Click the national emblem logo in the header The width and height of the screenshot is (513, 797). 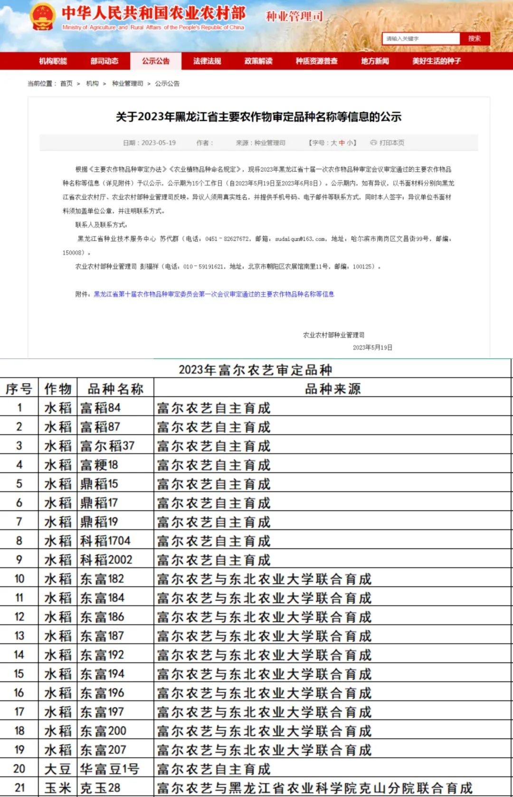[x=43, y=17]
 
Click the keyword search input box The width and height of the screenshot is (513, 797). [x=421, y=38]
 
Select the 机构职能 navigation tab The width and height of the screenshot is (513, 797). [x=53, y=61]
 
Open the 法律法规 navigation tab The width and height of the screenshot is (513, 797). [x=207, y=61]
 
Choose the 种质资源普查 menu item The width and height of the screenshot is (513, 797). [x=316, y=61]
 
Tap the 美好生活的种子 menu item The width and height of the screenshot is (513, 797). [x=436, y=61]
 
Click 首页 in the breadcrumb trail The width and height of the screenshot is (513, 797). [x=66, y=84]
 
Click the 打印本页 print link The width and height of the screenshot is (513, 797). [x=388, y=143]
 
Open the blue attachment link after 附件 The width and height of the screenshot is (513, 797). [x=214, y=294]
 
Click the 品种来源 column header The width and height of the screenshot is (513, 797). [x=332, y=389]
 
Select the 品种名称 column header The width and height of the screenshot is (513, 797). [x=115, y=389]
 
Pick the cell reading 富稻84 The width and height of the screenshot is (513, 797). [x=101, y=408]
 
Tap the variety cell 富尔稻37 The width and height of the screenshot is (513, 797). [x=107, y=446]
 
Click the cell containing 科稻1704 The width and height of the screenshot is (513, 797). [x=105, y=541]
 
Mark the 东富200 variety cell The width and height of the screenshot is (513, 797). [x=103, y=731]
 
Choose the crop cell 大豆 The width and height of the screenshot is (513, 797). [x=57, y=769]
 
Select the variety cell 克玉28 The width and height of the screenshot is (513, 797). [x=100, y=788]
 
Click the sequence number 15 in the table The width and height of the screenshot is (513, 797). [x=19, y=674]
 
